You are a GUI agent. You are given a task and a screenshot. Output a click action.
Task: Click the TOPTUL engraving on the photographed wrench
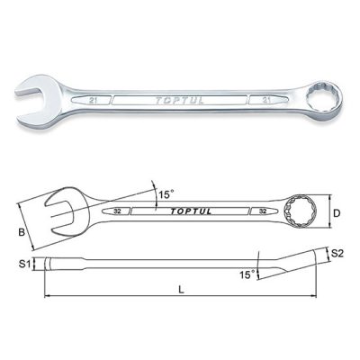[x=179, y=101]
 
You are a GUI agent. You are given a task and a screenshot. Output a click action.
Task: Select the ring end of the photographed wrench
[x=322, y=101]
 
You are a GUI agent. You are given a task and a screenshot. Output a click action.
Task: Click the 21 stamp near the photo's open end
[x=93, y=101]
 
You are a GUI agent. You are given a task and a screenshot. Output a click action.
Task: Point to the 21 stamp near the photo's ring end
[x=266, y=100]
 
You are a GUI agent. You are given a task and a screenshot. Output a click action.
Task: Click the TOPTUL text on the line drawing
[x=191, y=211]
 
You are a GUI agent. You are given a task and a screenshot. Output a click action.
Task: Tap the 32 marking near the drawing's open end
[x=117, y=211]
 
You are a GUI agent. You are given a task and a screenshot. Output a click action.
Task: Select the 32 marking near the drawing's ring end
[x=263, y=211]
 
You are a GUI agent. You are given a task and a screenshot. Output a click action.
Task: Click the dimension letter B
[x=22, y=232]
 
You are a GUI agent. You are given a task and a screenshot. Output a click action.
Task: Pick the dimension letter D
[x=337, y=213]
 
